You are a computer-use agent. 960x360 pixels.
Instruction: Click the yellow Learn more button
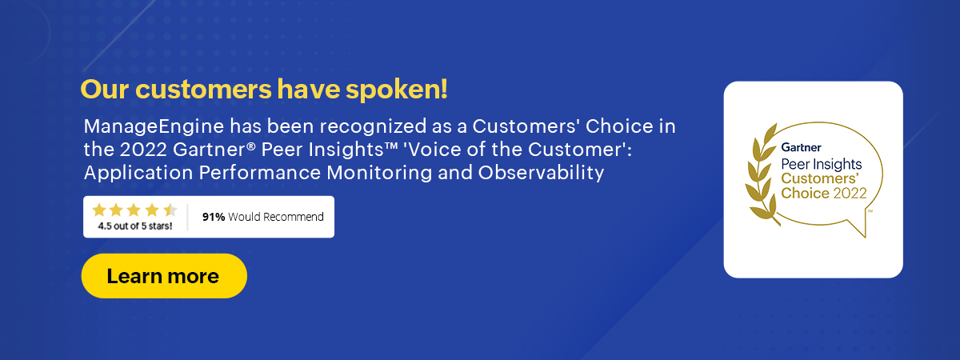[164, 275]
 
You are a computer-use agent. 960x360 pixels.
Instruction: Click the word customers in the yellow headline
[203, 90]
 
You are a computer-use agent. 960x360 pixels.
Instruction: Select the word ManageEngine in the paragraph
[154, 127]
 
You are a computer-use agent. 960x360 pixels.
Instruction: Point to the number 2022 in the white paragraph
[143, 150]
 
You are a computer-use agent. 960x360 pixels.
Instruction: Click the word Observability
[541, 173]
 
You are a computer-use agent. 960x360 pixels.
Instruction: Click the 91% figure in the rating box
[214, 217]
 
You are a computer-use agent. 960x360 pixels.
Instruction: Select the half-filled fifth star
[170, 210]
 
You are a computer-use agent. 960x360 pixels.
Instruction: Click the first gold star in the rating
[99, 210]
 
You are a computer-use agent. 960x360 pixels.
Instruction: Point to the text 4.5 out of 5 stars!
[135, 226]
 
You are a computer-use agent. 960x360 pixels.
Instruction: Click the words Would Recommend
[275, 217]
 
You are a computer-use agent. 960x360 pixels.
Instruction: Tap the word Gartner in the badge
[801, 147]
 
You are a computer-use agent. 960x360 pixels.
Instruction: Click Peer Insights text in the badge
[821, 164]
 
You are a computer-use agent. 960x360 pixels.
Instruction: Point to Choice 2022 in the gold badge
[824, 194]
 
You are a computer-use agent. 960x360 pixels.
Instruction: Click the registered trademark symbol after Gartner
[251, 146]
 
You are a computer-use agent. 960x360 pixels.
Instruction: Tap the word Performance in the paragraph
[260, 173]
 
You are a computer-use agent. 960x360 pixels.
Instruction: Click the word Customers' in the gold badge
[820, 178]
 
